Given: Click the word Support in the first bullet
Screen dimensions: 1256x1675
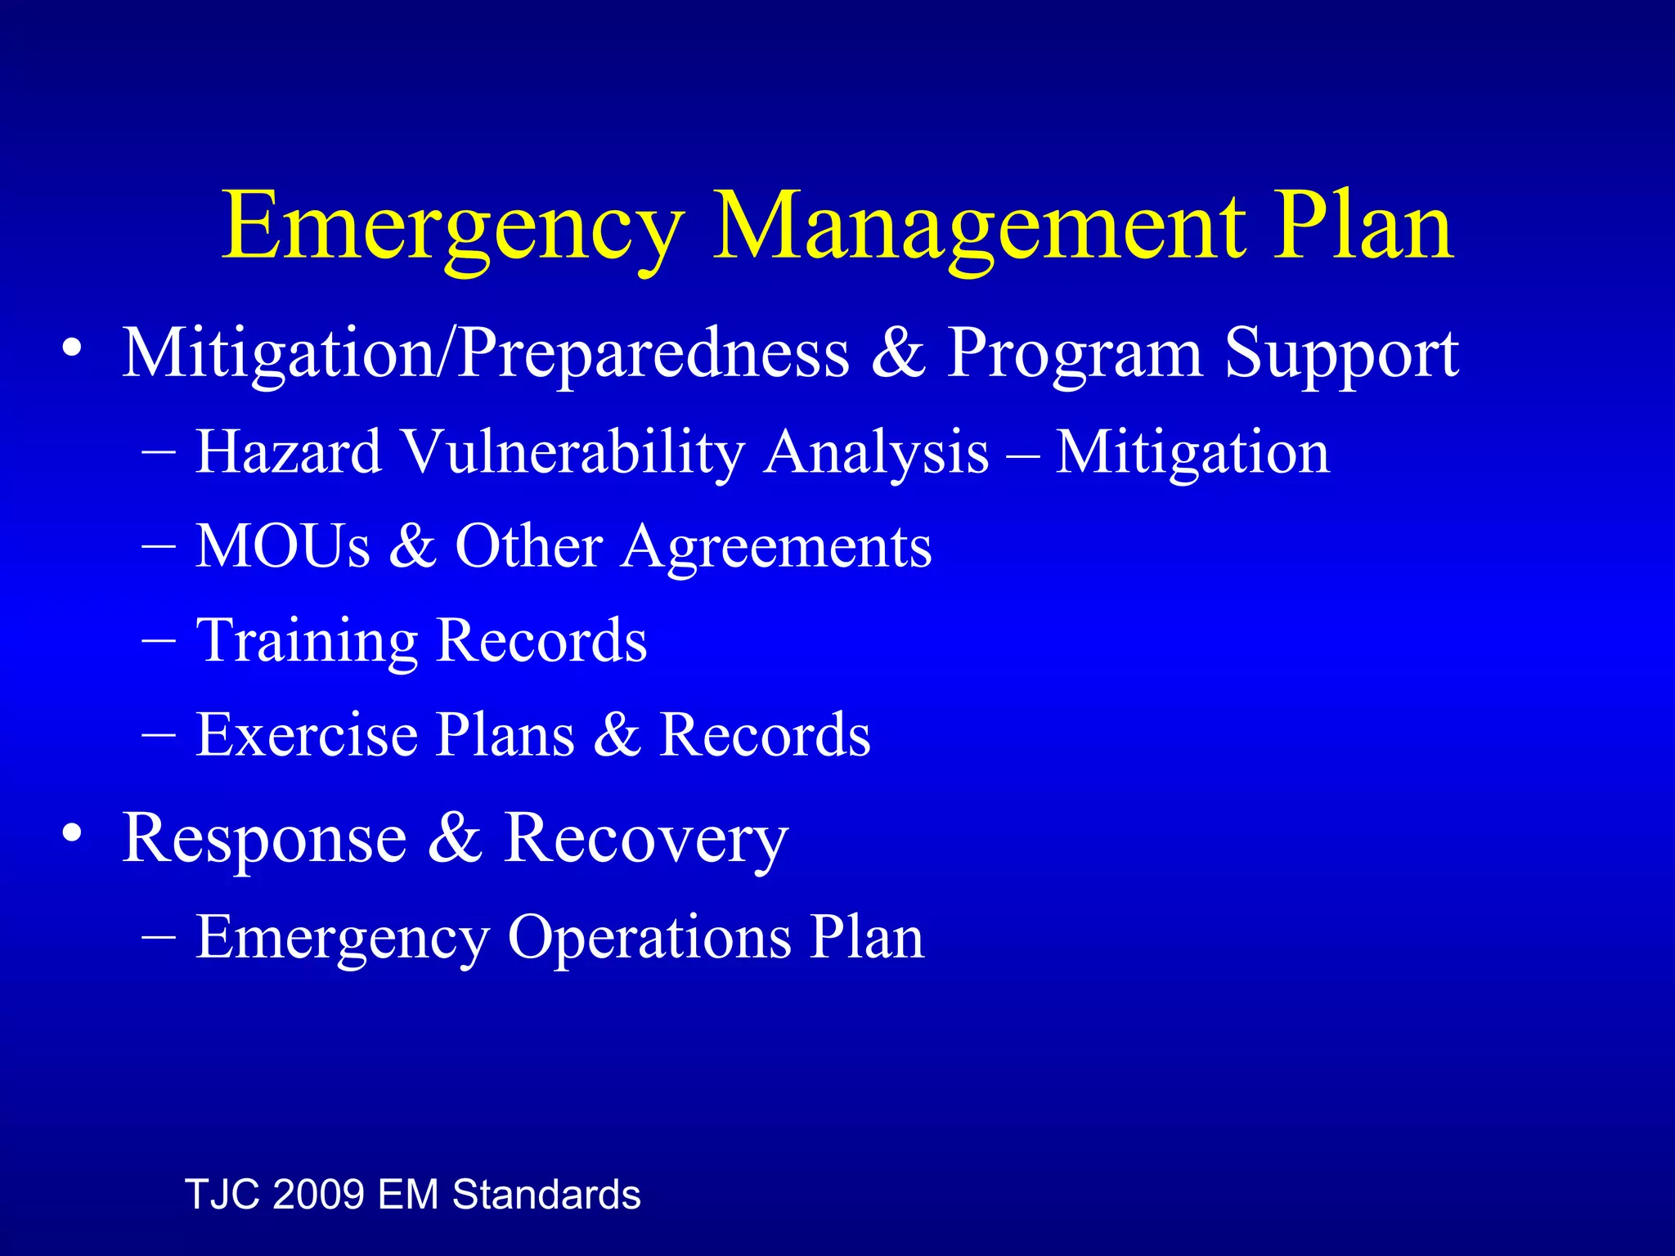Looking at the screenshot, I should pos(1341,353).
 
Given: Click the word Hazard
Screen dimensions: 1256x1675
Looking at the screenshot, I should pos(288,451).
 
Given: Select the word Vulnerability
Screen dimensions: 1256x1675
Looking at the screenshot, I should pos(573,451).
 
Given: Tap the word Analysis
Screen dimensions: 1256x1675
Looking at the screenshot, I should pos(876,451).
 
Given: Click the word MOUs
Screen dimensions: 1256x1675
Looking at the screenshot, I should pos(283,545).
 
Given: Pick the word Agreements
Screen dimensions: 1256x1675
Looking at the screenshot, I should pos(776,547).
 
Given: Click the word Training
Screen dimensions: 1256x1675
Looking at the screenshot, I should pos(308,640).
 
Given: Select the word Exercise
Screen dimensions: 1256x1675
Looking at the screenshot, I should pos(306,733).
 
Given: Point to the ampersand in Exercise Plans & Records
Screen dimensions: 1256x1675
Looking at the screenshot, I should pos(617,733).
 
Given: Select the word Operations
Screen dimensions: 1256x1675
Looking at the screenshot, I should pos(649,937).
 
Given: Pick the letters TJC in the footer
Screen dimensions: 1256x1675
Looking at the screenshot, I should pos(222,1194).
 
